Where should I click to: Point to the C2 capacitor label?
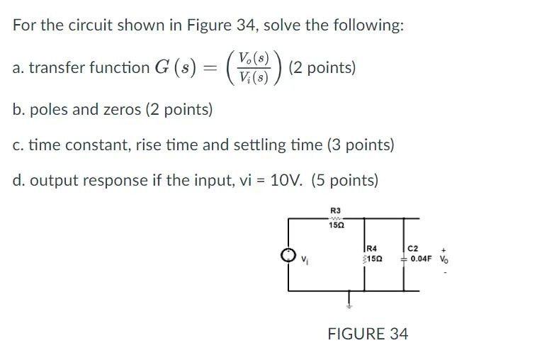414,247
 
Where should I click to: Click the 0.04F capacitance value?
422,259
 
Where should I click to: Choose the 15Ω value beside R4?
373,259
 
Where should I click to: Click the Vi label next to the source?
305,259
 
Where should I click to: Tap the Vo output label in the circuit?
444,259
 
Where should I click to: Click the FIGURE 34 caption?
368,334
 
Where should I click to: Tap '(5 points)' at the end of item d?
344,180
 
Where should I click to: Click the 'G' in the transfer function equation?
162,68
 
